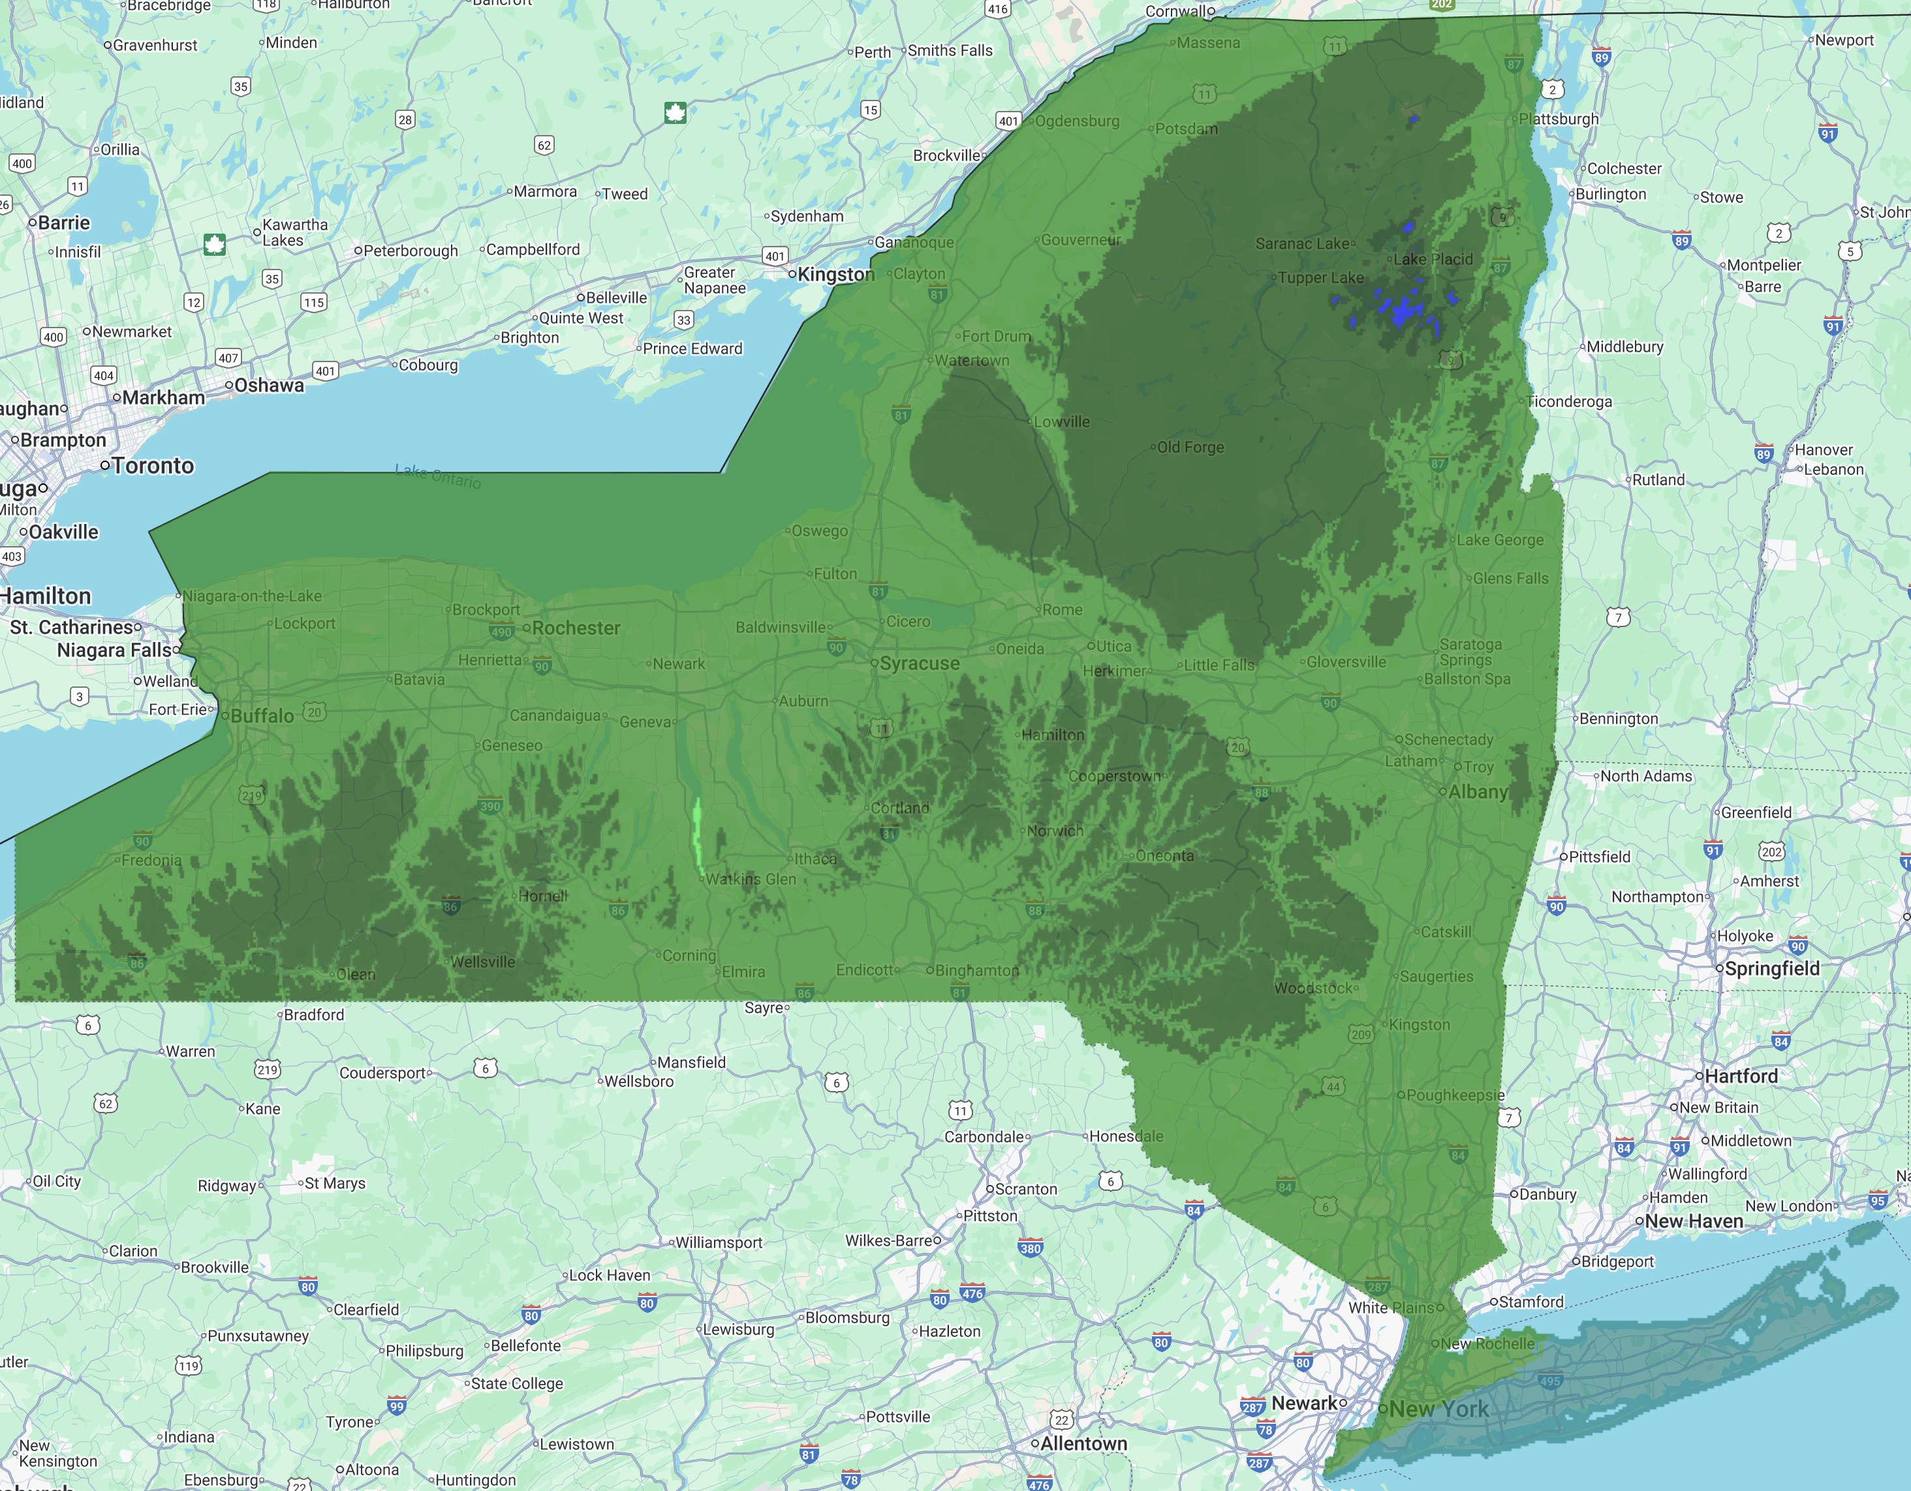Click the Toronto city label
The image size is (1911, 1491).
[152, 465]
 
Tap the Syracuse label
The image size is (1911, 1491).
[919, 663]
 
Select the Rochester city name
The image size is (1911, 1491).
[576, 628]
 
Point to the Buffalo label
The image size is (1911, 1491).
[262, 716]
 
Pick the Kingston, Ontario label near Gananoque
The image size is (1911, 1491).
[835, 274]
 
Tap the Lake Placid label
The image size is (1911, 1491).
[1433, 259]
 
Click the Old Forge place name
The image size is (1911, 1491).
[1190, 447]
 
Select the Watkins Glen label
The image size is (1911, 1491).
[751, 878]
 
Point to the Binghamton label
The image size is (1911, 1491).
[976, 970]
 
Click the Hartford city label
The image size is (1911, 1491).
[1741, 1076]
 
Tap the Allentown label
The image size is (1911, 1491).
[1083, 1444]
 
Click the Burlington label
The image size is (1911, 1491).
[1610, 194]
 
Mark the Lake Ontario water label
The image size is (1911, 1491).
[437, 476]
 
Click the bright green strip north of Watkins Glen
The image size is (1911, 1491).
[698, 836]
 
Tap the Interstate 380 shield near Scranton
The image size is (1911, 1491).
[1031, 1249]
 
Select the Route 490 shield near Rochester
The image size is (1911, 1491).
[501, 632]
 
